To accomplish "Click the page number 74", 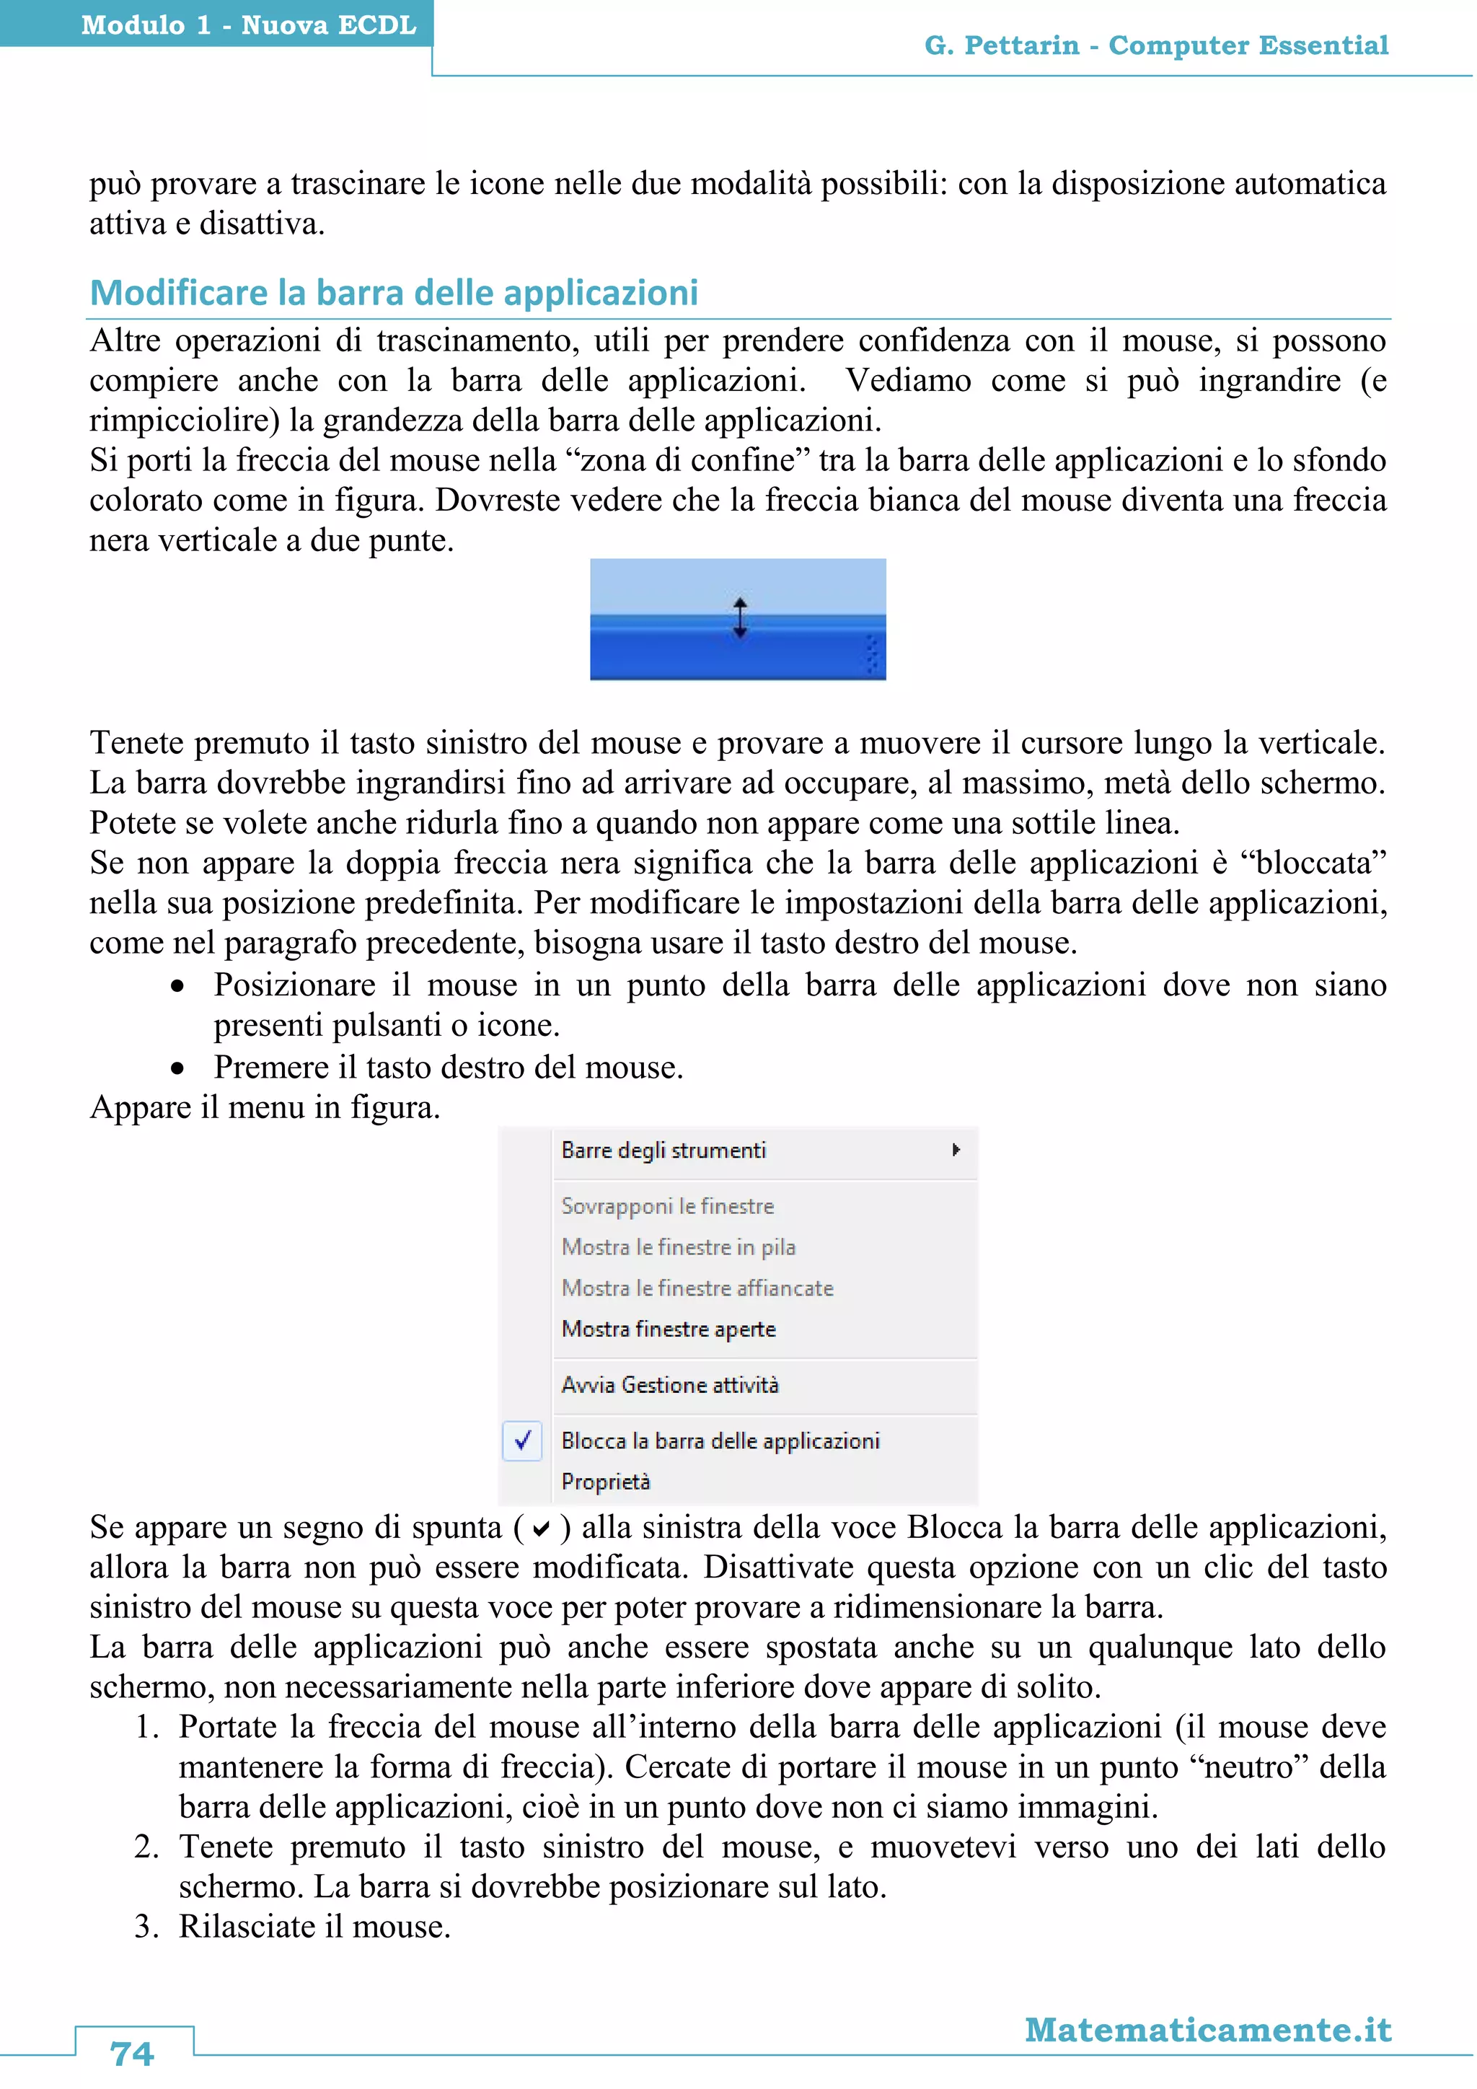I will (x=132, y=2054).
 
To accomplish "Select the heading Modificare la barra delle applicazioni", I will (x=394, y=293).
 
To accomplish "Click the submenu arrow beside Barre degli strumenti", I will (x=955, y=1150).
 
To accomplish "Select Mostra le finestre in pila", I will (x=679, y=1246).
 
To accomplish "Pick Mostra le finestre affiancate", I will (x=697, y=1288).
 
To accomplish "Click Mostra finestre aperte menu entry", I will (x=669, y=1329).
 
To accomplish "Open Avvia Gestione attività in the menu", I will (x=670, y=1385).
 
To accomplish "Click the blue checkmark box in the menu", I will (x=523, y=1441).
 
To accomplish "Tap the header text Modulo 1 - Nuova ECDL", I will (x=248, y=25).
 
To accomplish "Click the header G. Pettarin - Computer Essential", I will (x=1156, y=45).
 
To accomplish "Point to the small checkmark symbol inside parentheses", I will (x=541, y=1531).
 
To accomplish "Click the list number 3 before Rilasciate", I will (x=145, y=1926).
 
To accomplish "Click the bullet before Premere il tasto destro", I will (x=177, y=1068).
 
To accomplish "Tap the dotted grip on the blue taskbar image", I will (x=871, y=654).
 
